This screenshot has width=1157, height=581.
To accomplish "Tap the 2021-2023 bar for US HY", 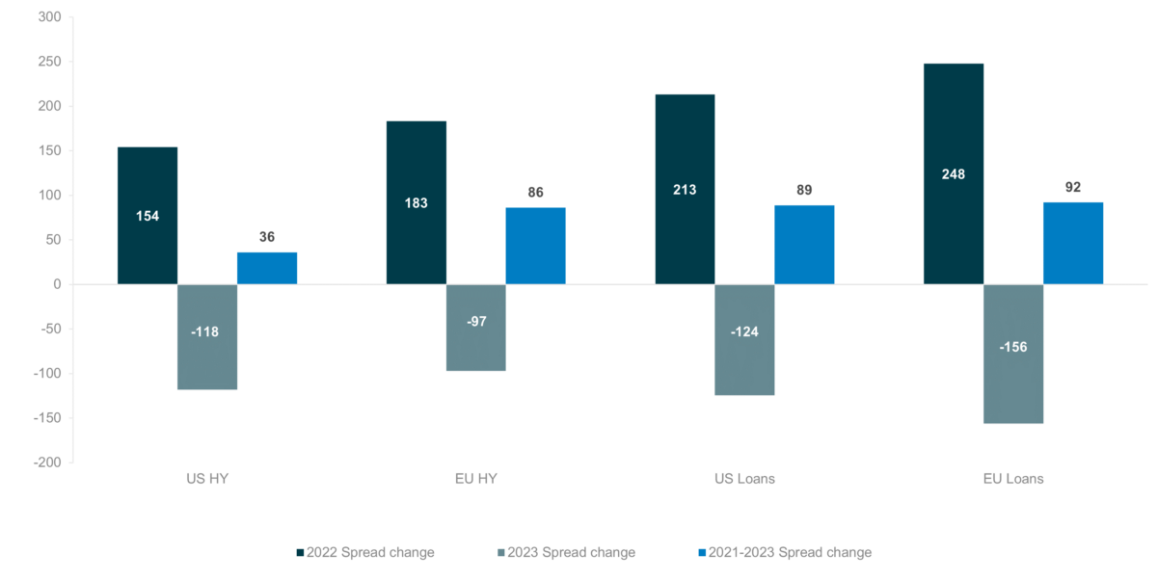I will click(x=267, y=268).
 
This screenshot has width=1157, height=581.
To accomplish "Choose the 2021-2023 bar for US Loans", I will click(x=804, y=245).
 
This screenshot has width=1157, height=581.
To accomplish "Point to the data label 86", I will click(x=535, y=193).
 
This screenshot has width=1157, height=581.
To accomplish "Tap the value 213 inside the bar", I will click(x=685, y=190).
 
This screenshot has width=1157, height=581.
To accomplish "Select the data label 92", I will click(x=1073, y=187).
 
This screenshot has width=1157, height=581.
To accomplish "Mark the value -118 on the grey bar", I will click(x=207, y=332).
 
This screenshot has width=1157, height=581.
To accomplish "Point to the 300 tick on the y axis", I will click(x=47, y=17).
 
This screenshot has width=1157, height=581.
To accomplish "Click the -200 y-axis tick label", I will click(x=45, y=462).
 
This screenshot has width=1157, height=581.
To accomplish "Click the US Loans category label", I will click(x=744, y=479).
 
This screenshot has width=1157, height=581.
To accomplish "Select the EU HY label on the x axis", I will click(x=476, y=479).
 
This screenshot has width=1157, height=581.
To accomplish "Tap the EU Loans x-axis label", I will click(x=1013, y=479).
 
